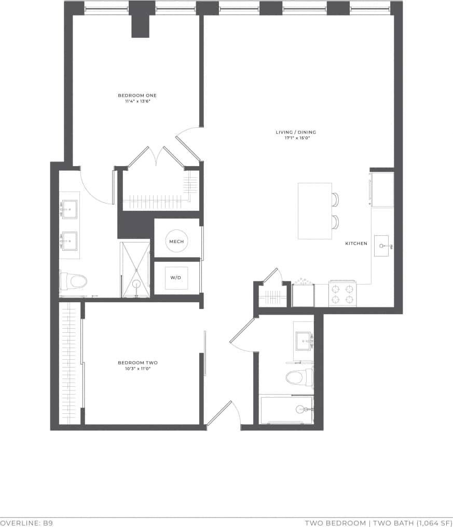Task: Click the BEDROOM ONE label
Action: [137, 96]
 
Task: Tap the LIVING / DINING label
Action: [296, 132]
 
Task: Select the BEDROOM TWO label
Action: [138, 363]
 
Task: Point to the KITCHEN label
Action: [356, 244]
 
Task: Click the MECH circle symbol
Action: [176, 241]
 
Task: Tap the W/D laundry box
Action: [176, 278]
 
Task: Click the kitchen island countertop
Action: [314, 211]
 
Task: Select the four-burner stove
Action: [342, 294]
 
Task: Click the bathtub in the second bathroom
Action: [286, 410]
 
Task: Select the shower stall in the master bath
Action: [135, 270]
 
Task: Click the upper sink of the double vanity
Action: [70, 209]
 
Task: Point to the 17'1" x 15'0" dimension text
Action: [296, 139]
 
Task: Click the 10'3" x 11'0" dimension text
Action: [138, 369]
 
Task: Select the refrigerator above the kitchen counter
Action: [382, 190]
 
